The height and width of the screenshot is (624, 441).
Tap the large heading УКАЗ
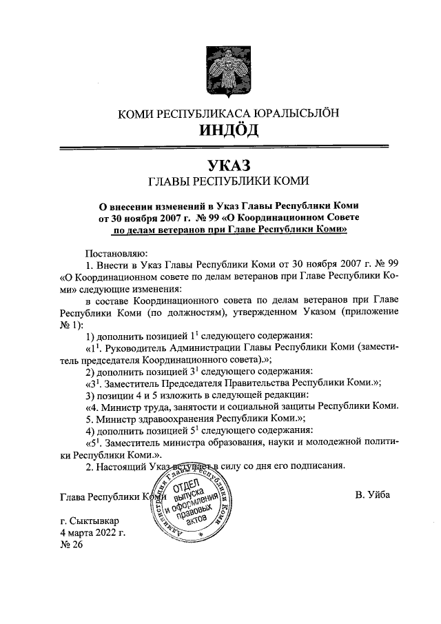pyautogui.click(x=220, y=165)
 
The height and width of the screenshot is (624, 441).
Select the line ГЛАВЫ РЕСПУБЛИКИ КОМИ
pyautogui.click(x=220, y=181)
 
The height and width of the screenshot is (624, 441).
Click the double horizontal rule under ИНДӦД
pyautogui.click(x=220, y=147)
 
